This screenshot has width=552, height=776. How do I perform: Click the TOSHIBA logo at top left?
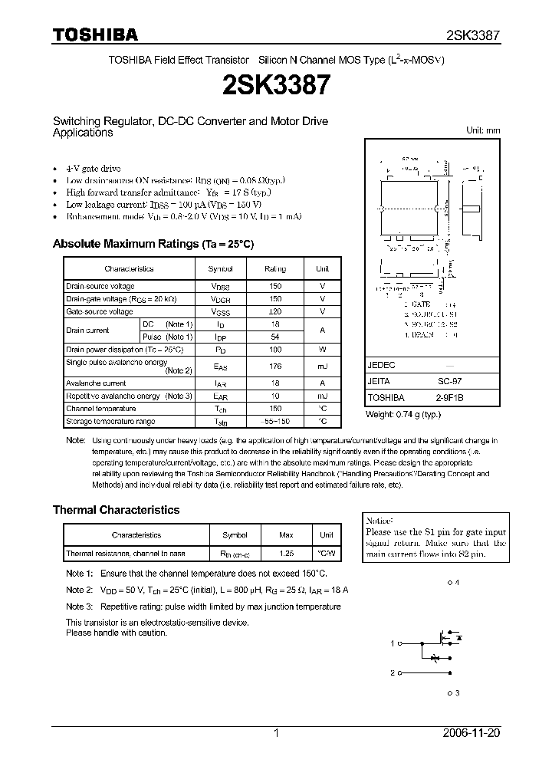click(95, 35)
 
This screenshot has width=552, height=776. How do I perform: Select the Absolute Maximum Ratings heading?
click(153, 244)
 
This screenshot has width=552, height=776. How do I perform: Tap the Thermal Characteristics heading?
click(116, 510)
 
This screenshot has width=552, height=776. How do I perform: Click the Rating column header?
click(275, 269)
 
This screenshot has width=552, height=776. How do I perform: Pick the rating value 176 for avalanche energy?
click(275, 367)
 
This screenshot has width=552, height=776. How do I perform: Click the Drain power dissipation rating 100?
click(275, 349)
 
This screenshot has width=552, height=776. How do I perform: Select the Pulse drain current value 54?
click(275, 337)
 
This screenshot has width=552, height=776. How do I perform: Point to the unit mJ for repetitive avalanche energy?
click(322, 396)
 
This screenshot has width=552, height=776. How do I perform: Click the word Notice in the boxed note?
click(379, 520)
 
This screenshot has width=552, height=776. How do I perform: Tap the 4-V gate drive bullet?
click(93, 168)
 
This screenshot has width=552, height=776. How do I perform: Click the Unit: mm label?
click(483, 130)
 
